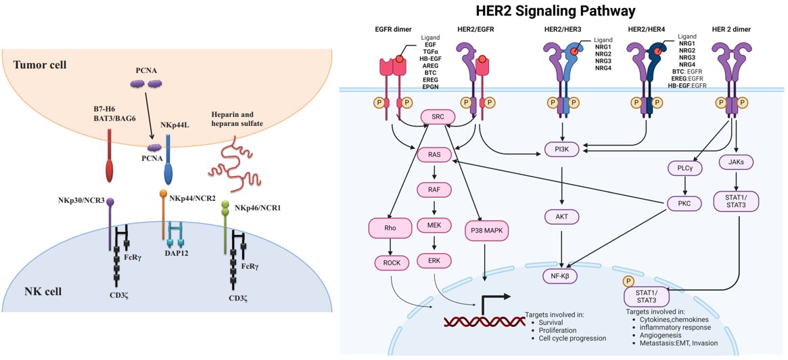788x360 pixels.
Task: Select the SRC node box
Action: click(437, 117)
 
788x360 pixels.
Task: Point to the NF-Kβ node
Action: click(561, 275)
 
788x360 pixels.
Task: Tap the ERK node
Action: click(434, 261)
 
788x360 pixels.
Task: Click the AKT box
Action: click(561, 217)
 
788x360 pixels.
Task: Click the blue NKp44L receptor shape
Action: click(168, 155)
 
